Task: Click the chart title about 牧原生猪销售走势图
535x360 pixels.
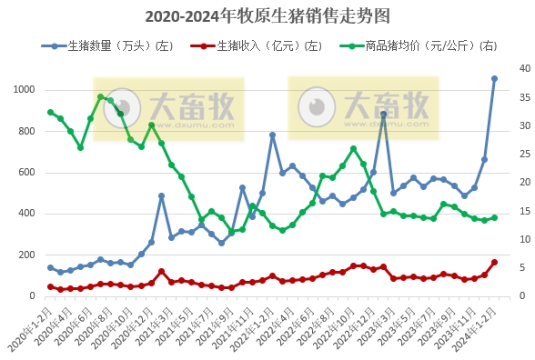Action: pyautogui.click(x=267, y=15)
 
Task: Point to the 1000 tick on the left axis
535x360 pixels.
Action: pyautogui.click(x=25, y=90)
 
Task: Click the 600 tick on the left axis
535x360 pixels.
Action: pyautogui.click(x=27, y=173)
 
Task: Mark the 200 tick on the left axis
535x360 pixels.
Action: pyautogui.click(x=27, y=255)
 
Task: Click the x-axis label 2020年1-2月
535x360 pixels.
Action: pyautogui.click(x=31, y=327)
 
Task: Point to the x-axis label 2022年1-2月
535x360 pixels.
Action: pyautogui.click(x=253, y=327)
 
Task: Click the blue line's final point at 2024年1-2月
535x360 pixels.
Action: pyautogui.click(x=494, y=79)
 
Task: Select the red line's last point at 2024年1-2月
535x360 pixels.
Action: pyautogui.click(x=494, y=262)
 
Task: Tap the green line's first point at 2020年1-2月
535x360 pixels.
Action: pyautogui.click(x=50, y=112)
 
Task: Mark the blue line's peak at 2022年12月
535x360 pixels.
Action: pyautogui.click(x=383, y=115)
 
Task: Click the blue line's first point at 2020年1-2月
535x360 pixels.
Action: pyautogui.click(x=50, y=267)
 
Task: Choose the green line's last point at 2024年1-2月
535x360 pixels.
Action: pyautogui.click(x=494, y=217)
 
